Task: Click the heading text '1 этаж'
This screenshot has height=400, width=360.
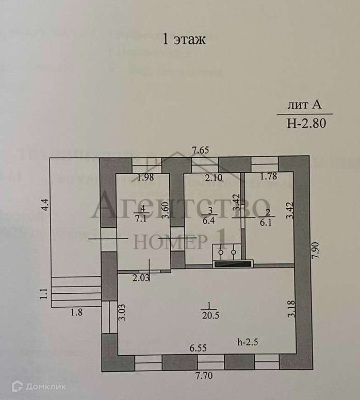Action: click(184, 40)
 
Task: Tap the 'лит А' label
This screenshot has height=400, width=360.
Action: click(305, 106)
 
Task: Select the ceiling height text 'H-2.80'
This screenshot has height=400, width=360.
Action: click(306, 123)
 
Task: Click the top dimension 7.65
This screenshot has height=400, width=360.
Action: click(201, 151)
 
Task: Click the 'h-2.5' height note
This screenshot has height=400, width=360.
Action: click(248, 342)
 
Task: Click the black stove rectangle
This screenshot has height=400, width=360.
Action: click(233, 264)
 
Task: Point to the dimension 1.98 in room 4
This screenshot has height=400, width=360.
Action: click(146, 179)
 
